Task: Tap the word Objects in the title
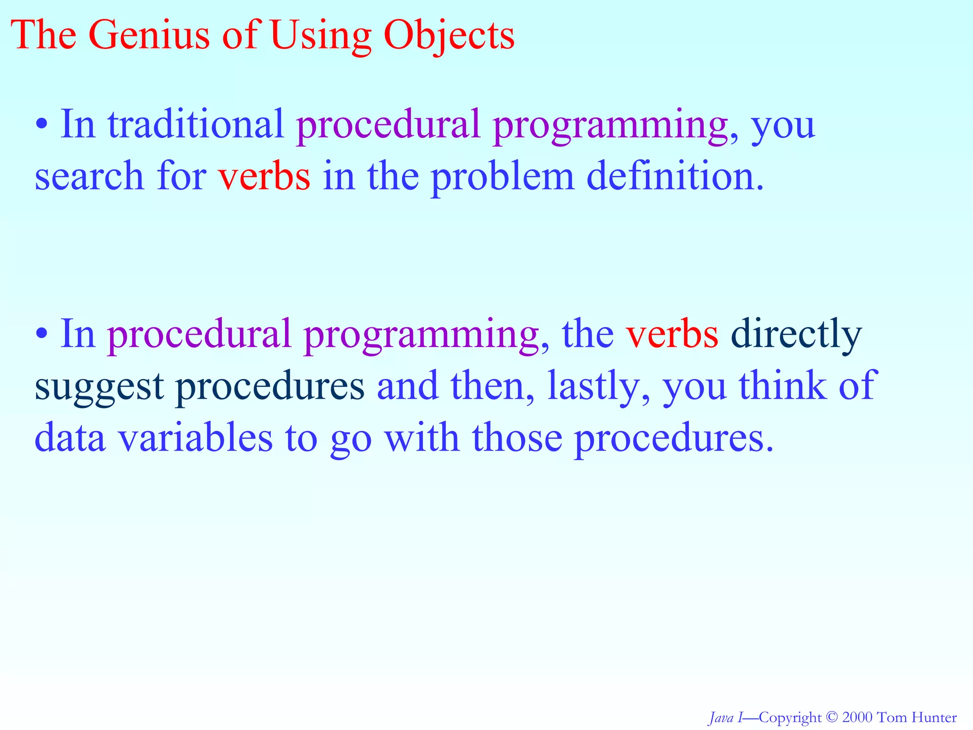[448, 35]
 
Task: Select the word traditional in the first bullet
[196, 125]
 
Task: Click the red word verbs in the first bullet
[264, 176]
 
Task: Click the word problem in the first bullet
[503, 176]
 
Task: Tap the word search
[89, 176]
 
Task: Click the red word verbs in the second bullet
[672, 334]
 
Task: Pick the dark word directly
[796, 334]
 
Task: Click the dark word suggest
[99, 386]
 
